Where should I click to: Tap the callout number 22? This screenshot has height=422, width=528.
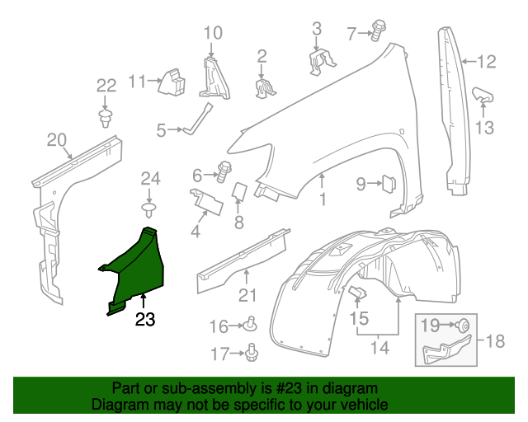click(x=106, y=85)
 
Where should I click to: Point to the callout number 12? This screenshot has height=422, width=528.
click(x=487, y=60)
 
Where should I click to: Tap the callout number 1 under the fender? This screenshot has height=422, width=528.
click(x=323, y=199)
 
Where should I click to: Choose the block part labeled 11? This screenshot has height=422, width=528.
click(x=174, y=81)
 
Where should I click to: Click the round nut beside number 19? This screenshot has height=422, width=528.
click(x=464, y=326)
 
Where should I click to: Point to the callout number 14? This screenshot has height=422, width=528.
click(x=379, y=347)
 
